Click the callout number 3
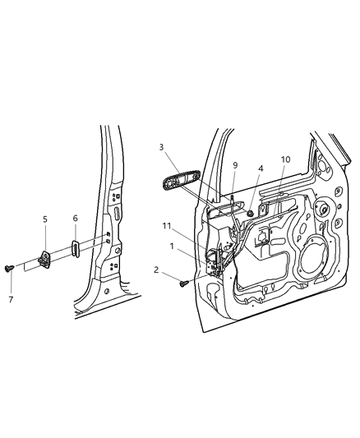(163, 148)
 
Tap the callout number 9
(234, 164)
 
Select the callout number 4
(260, 169)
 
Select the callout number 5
(46, 219)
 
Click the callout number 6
(75, 219)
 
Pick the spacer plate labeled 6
(73, 250)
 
